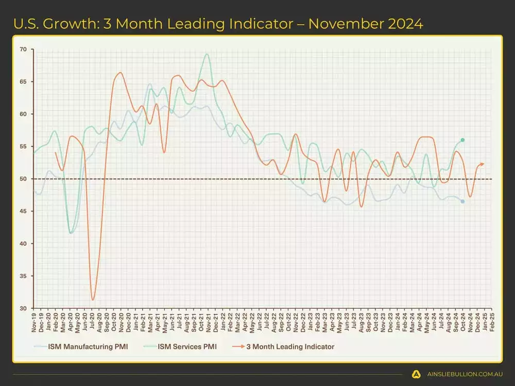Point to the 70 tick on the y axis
(24, 49)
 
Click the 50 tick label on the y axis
(24, 179)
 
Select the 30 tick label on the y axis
(24, 308)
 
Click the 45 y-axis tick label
(24, 212)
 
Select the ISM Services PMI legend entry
(184, 346)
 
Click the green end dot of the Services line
(462, 140)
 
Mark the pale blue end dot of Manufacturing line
(462, 201)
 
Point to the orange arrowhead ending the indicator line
(483, 164)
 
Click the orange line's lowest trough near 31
(93, 300)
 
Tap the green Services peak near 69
(207, 54)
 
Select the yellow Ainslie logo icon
(416, 374)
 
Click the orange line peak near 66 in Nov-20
(121, 73)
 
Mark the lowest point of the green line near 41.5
(71, 233)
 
